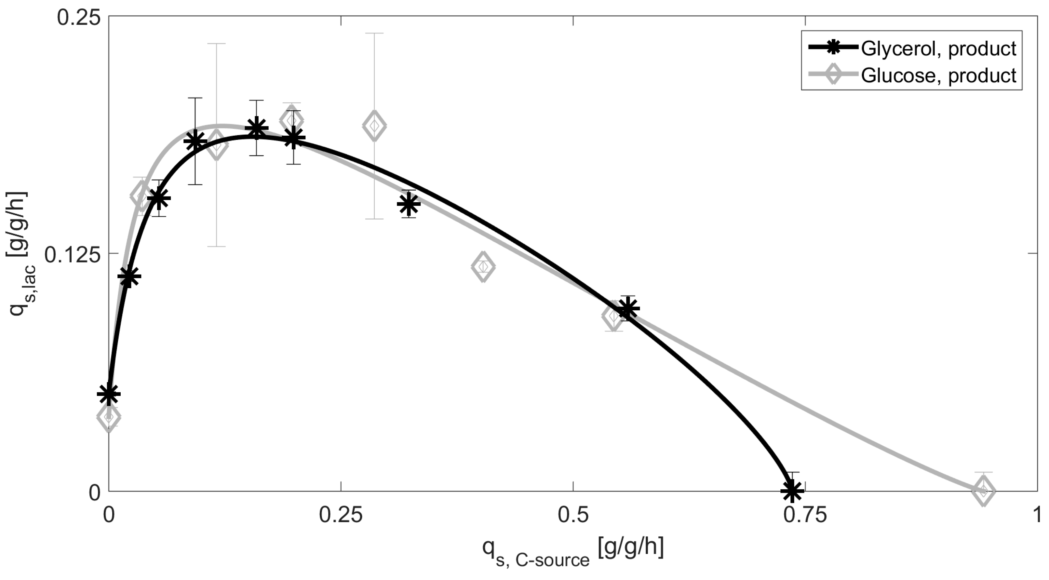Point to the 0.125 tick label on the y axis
(72, 255)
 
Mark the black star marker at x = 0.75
(792, 491)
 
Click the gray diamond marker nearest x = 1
(983, 491)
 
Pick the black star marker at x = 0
(109, 394)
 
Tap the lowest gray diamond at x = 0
(109, 417)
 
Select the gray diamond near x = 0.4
(483, 267)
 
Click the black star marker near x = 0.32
(409, 204)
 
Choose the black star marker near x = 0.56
(628, 308)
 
